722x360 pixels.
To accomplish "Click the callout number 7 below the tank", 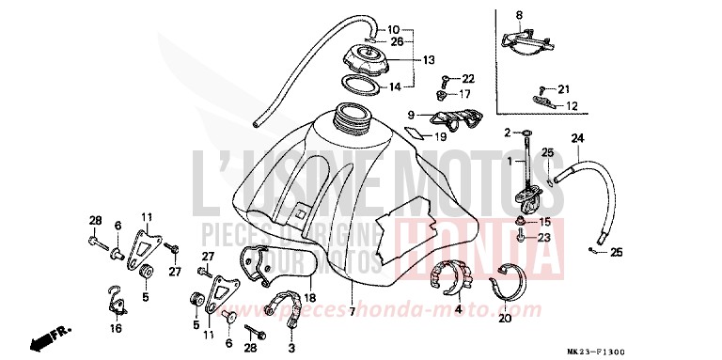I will tap(352, 310).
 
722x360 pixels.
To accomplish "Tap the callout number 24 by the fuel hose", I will tap(577, 139).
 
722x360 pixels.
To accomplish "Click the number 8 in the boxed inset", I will tap(518, 15).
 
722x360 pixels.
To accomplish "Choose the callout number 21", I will tap(563, 89).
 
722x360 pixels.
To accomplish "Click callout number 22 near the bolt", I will tap(468, 78).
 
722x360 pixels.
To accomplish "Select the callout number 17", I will tap(467, 94).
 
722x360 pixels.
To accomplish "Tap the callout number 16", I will tap(116, 329).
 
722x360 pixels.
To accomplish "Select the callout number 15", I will tap(544, 221).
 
